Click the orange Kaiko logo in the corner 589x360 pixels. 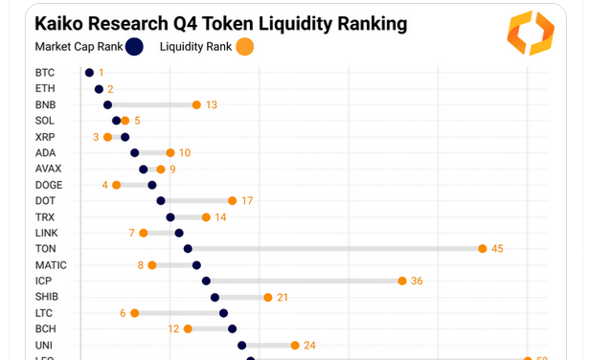coord(531,33)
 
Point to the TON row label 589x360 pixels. coord(46,249)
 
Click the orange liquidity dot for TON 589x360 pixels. coord(483,249)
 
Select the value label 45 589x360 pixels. coord(497,249)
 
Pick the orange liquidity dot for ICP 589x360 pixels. coord(403,281)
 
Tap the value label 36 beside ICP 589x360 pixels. coord(417,281)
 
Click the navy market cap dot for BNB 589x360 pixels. coord(107,104)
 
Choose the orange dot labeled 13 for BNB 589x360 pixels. coord(196,104)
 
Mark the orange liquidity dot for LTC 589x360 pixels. coord(134,313)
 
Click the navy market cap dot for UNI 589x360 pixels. coord(241,345)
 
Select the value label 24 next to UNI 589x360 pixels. coord(309,345)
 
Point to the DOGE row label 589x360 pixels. coord(49,185)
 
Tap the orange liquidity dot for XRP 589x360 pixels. coord(107,137)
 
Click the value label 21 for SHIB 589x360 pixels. coord(283,297)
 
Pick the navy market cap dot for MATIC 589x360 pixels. coord(196,265)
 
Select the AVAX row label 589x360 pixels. coord(49,169)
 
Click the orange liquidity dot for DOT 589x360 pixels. coord(232,201)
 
